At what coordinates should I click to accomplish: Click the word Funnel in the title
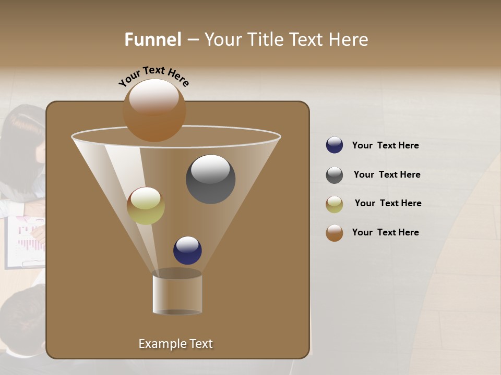point(152,40)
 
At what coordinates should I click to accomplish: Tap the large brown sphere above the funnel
point(154,110)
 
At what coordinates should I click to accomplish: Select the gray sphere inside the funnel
point(210,180)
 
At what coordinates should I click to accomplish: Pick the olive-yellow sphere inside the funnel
point(146,206)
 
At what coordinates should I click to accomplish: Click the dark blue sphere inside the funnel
point(187,251)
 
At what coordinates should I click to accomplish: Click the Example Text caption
point(175,344)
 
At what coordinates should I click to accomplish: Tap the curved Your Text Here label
point(153,76)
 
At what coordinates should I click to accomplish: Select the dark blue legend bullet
point(335,145)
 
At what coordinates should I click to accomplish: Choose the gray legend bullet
point(335,175)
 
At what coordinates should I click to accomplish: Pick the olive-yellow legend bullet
point(335,204)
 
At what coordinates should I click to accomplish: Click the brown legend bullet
point(335,233)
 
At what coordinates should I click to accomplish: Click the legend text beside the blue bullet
point(385,146)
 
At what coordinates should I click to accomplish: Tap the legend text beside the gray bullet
point(387,175)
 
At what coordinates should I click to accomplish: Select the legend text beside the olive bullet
point(388,204)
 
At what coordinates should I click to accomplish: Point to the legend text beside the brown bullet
point(385,233)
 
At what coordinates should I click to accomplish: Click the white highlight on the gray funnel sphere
point(210,169)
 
